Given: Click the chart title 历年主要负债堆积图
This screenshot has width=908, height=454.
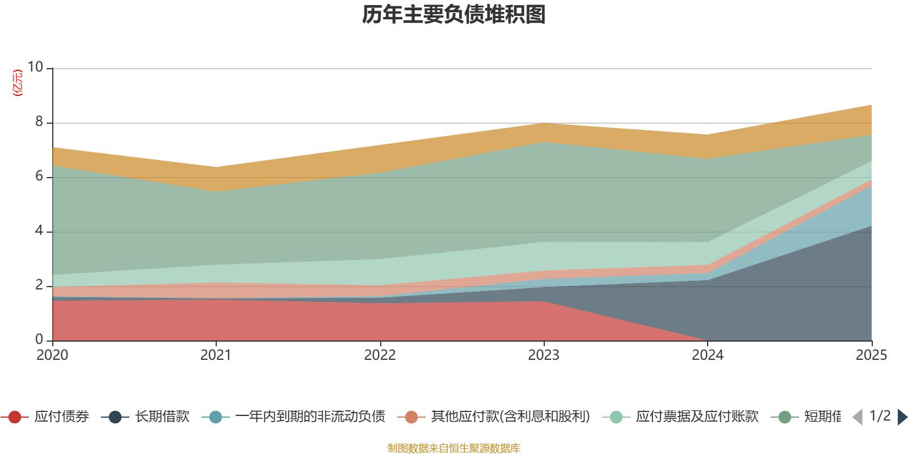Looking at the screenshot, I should coord(454,15).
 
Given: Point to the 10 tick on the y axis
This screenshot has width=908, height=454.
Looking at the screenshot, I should coord(36,68).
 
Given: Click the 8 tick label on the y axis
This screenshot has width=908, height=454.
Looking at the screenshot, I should coord(39,122).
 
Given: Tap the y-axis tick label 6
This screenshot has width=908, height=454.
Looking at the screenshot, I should coord(39,176).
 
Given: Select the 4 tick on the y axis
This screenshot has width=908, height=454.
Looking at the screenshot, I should coord(39,231).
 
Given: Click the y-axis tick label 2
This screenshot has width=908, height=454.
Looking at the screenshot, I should coord(39,285).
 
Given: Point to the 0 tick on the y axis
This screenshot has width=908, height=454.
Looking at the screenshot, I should coord(39,339).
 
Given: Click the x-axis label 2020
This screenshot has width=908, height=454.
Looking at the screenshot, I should coord(52,355).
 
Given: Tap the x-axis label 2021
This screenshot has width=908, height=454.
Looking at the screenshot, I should coord(216,355).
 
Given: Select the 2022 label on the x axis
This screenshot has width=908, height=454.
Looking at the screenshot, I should coord(380,355).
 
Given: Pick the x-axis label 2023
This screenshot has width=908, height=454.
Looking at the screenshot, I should coord(544,355).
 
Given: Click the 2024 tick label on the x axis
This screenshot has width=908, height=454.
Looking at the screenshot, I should coord(707,355).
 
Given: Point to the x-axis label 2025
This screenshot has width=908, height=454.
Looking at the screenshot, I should coord(871,355).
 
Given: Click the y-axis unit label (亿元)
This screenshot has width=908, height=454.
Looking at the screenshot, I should coord(18,83).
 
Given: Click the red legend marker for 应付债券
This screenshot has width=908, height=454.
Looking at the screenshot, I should coord(15,417).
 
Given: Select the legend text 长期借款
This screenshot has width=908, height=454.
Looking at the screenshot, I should coord(162,417).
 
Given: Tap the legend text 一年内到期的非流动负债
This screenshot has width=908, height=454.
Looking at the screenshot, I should coord(310,417).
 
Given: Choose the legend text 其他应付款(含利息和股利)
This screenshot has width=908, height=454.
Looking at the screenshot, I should coord(510,417).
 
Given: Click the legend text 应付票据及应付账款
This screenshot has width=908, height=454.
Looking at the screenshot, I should coord(697,417).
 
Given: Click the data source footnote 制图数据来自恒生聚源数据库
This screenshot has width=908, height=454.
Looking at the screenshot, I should coord(454,448).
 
